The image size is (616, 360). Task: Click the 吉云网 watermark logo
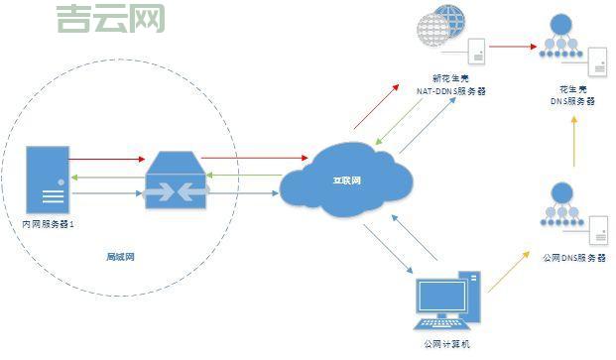110,19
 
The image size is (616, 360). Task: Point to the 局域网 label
120,257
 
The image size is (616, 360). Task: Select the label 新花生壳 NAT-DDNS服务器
452,85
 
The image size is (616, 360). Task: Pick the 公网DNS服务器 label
574,258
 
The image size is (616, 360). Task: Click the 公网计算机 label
446,343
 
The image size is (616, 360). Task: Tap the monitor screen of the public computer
441,296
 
